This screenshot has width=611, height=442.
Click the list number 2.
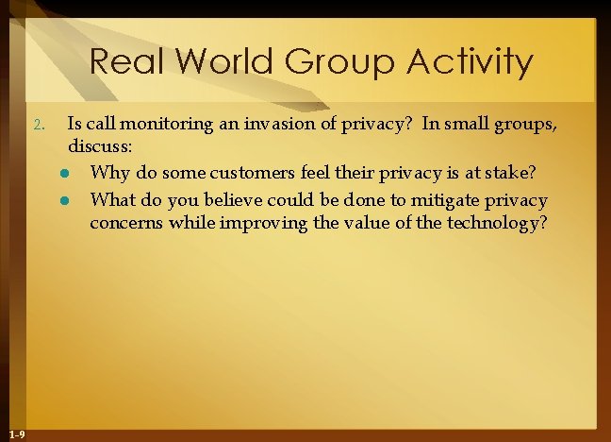click(36, 126)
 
